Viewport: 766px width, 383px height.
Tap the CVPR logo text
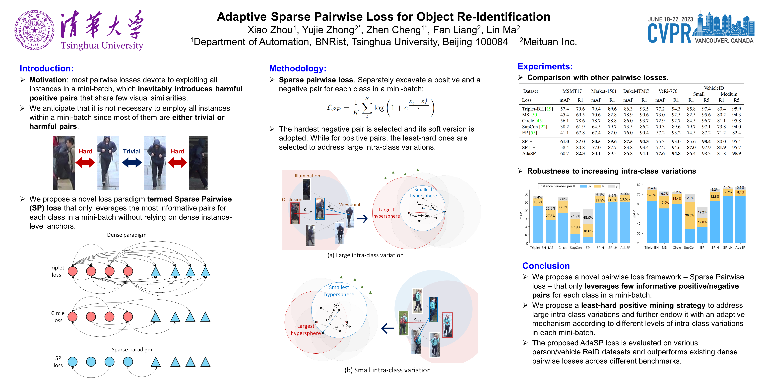[x=669, y=34]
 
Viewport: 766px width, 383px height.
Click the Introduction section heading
[x=46, y=68]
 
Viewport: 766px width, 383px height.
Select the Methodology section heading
[x=298, y=68]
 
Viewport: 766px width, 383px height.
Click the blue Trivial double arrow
[x=132, y=162]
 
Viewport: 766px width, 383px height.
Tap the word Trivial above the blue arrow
[x=132, y=151]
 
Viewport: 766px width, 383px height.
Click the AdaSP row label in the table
[x=529, y=153]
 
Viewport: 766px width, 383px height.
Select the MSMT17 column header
[x=572, y=91]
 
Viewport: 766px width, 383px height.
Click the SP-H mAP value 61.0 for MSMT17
[x=564, y=141]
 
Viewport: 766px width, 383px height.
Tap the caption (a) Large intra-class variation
[x=365, y=255]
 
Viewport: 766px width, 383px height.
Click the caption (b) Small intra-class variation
[x=387, y=370]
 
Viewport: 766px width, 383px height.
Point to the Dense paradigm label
[x=127, y=235]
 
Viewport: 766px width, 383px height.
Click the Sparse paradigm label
[x=132, y=350]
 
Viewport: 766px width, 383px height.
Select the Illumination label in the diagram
[x=307, y=176]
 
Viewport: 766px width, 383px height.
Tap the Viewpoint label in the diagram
[x=350, y=205]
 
